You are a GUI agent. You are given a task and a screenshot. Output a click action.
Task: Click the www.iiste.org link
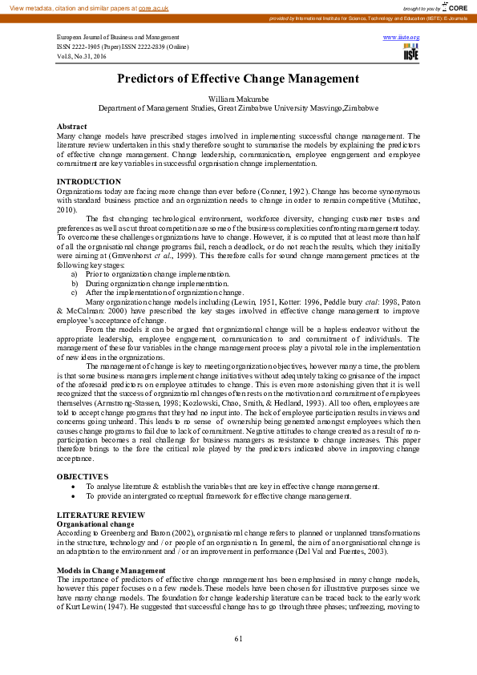pos(402,38)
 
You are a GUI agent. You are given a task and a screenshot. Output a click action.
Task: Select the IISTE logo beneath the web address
pos(410,54)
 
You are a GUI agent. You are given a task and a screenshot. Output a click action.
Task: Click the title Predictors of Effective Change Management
pos(238,79)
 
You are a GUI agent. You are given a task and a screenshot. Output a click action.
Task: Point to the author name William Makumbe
pos(238,97)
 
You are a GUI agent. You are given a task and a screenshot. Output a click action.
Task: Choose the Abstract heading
pos(72,127)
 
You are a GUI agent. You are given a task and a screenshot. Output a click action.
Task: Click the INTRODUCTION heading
pos(89,182)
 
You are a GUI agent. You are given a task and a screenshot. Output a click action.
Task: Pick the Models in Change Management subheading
pos(111,570)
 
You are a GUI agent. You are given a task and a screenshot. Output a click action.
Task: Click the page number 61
pos(238,638)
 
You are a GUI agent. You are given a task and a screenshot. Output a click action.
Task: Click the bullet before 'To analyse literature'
pos(74,487)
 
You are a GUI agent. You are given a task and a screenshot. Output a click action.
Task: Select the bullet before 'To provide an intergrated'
pos(74,496)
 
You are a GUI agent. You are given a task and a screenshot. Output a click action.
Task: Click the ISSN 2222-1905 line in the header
pos(133,47)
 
